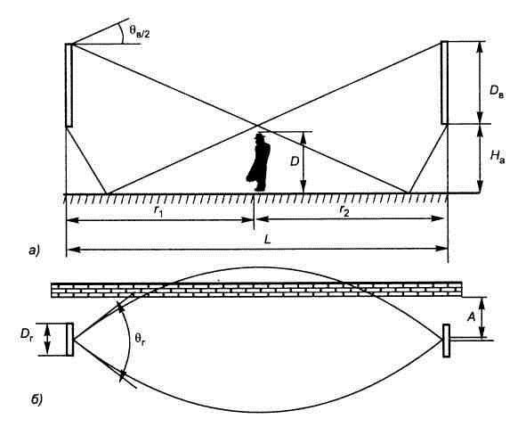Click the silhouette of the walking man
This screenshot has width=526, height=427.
click(258, 162)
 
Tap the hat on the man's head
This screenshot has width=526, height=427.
click(259, 136)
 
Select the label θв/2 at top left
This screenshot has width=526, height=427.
click(140, 32)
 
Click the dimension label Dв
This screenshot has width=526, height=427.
click(497, 92)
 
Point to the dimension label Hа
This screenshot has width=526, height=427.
click(497, 156)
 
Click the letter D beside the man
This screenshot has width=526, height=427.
click(295, 161)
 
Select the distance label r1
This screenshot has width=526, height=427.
click(158, 210)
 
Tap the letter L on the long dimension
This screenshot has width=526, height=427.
click(268, 240)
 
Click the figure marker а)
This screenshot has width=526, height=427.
click(34, 250)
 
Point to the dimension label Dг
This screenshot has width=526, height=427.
click(27, 336)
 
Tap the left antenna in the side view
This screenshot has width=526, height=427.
click(69, 85)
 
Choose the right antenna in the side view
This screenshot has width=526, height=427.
click(444, 83)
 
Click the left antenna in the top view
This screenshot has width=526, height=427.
click(70, 340)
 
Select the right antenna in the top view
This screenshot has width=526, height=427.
click(446, 341)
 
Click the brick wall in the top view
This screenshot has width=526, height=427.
click(256, 289)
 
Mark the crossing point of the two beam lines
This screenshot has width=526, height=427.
click(257, 126)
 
